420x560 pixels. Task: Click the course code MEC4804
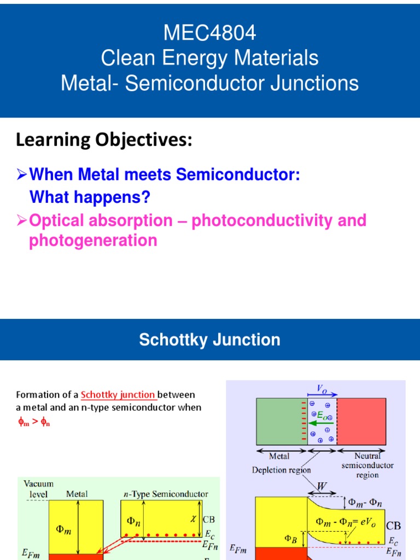[x=210, y=34]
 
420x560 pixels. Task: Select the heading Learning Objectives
[x=104, y=141]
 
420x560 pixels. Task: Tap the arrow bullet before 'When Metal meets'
[x=22, y=176]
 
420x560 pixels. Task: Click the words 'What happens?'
[x=89, y=196]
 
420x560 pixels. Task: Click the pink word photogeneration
[x=93, y=240]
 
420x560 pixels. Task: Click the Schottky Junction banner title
[x=210, y=340]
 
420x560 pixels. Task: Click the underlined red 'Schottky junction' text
[x=118, y=395]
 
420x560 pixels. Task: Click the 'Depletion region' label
[x=282, y=470]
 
